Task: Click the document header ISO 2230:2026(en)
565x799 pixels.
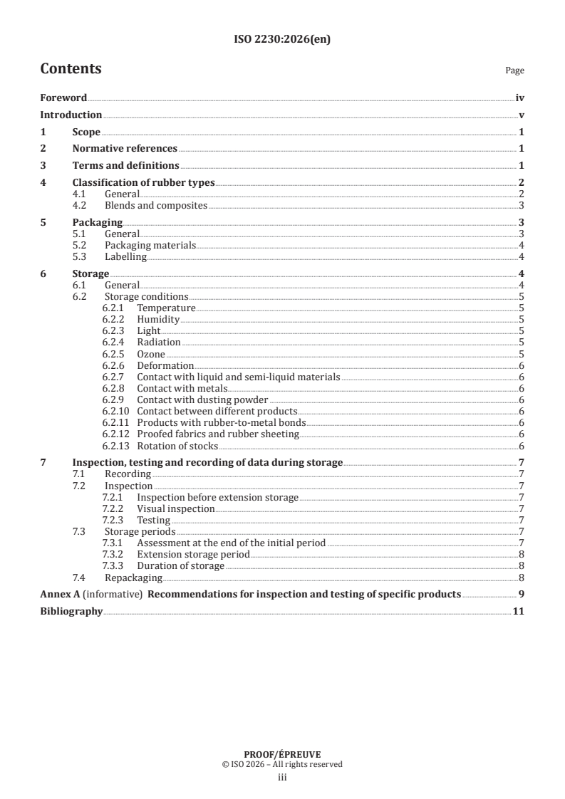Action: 282,40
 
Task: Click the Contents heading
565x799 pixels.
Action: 71,69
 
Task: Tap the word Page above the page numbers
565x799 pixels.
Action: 514,70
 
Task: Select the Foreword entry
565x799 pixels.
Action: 63,98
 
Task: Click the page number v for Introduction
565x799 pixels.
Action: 522,115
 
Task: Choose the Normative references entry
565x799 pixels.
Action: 125,149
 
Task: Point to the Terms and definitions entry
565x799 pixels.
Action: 125,166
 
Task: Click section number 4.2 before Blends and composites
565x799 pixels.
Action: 80,206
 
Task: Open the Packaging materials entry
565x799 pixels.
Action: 150,245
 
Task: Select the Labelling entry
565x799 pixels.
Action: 125,256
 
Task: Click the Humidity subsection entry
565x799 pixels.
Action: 158,320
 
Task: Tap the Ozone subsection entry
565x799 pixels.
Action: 150,354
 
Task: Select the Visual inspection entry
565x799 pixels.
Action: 175,509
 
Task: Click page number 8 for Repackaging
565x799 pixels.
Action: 522,578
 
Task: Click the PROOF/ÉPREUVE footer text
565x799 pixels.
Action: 282,754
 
